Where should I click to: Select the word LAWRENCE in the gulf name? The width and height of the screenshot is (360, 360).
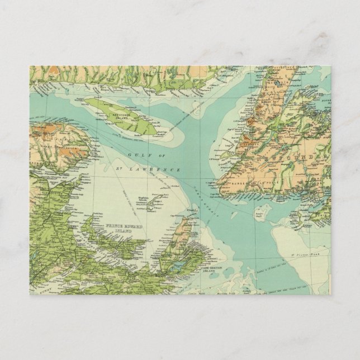coord(167,168)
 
